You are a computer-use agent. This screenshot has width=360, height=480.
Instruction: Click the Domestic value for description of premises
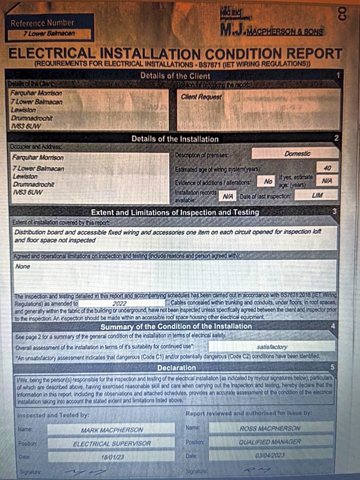(x=297, y=153)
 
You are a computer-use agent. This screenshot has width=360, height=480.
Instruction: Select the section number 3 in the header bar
(x=334, y=211)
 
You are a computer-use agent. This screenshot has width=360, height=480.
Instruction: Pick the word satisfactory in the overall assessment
(x=272, y=346)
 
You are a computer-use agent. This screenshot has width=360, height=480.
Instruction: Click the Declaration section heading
(x=176, y=368)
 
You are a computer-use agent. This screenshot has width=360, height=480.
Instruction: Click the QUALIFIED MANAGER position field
(x=270, y=442)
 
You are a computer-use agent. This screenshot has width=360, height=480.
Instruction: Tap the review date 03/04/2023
(x=270, y=455)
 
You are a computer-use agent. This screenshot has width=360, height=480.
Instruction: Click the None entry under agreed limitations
(x=23, y=266)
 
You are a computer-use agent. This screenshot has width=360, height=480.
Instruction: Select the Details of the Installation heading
(x=175, y=138)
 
